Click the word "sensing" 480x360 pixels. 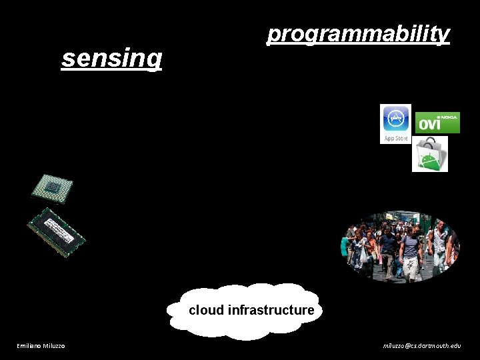(111, 58)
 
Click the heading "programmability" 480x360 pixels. (358, 33)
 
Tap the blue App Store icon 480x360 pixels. (395, 120)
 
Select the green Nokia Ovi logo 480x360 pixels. (437, 123)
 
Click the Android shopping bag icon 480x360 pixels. (429, 155)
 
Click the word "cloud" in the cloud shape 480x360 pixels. (206, 310)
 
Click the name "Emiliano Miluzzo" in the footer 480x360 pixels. (41, 345)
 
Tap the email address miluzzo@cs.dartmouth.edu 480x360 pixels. (421, 345)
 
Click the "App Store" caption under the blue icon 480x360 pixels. (395, 139)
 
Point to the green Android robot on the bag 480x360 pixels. (430, 160)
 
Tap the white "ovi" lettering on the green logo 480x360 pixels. (430, 125)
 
